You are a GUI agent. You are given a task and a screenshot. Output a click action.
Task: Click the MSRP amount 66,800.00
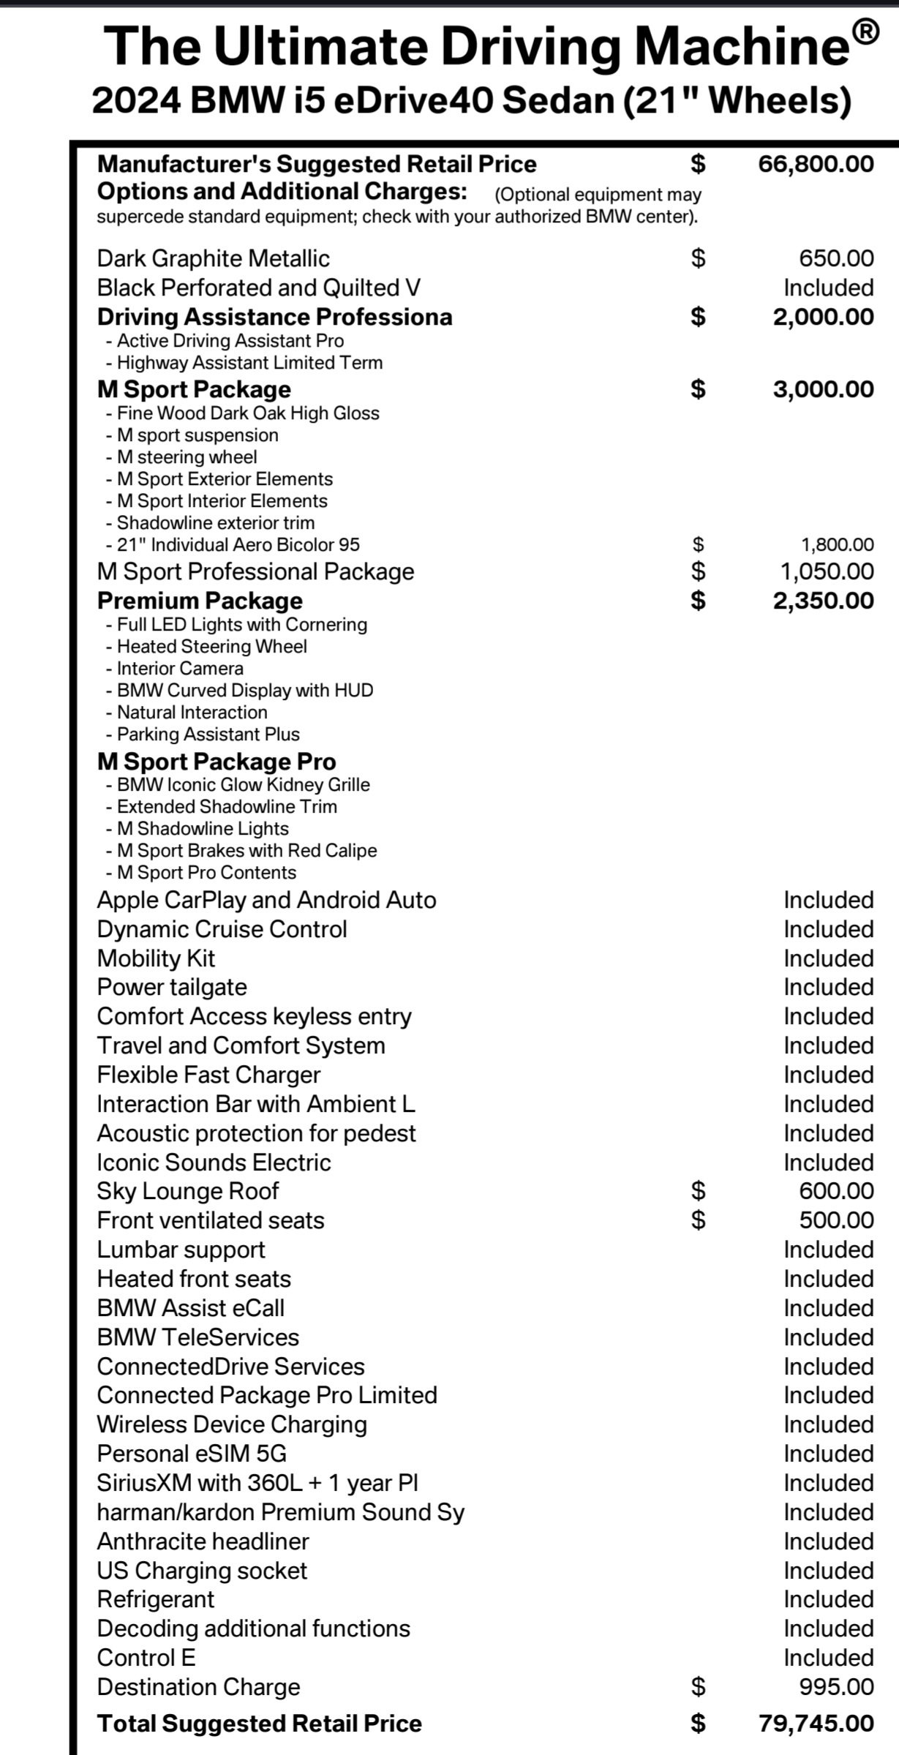pos(816,164)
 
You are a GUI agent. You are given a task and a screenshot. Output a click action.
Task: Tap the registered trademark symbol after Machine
pos(865,33)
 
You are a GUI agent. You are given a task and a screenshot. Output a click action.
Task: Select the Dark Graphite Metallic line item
pos(213,258)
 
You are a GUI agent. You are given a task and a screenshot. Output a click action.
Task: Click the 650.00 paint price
pos(836,258)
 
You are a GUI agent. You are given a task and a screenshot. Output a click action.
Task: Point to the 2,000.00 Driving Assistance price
pos(823,317)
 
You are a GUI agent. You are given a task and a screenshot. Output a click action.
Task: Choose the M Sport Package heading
pos(194,389)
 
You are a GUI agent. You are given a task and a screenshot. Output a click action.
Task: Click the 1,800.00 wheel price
pos(838,544)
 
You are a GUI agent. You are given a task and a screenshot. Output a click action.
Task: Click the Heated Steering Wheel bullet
pos(211,647)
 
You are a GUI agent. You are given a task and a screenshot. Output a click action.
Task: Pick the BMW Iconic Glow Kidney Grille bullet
pos(243,785)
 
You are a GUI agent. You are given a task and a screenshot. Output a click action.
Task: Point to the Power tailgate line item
pos(172,987)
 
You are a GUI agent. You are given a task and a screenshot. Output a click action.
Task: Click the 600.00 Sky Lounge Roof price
pos(836,1191)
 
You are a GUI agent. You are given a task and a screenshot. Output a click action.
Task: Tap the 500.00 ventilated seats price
pos(836,1220)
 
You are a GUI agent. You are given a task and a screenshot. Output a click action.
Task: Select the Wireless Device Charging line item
pos(232,1424)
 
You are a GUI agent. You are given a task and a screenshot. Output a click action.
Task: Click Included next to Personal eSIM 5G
pos(828,1454)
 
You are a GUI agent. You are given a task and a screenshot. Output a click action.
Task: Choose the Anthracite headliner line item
pos(203,1541)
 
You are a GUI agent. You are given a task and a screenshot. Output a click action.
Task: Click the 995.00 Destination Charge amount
pos(836,1687)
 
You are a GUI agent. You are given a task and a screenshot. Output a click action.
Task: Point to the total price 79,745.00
pos(816,1724)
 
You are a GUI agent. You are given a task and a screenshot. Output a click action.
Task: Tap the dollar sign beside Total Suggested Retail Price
pos(699,1724)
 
